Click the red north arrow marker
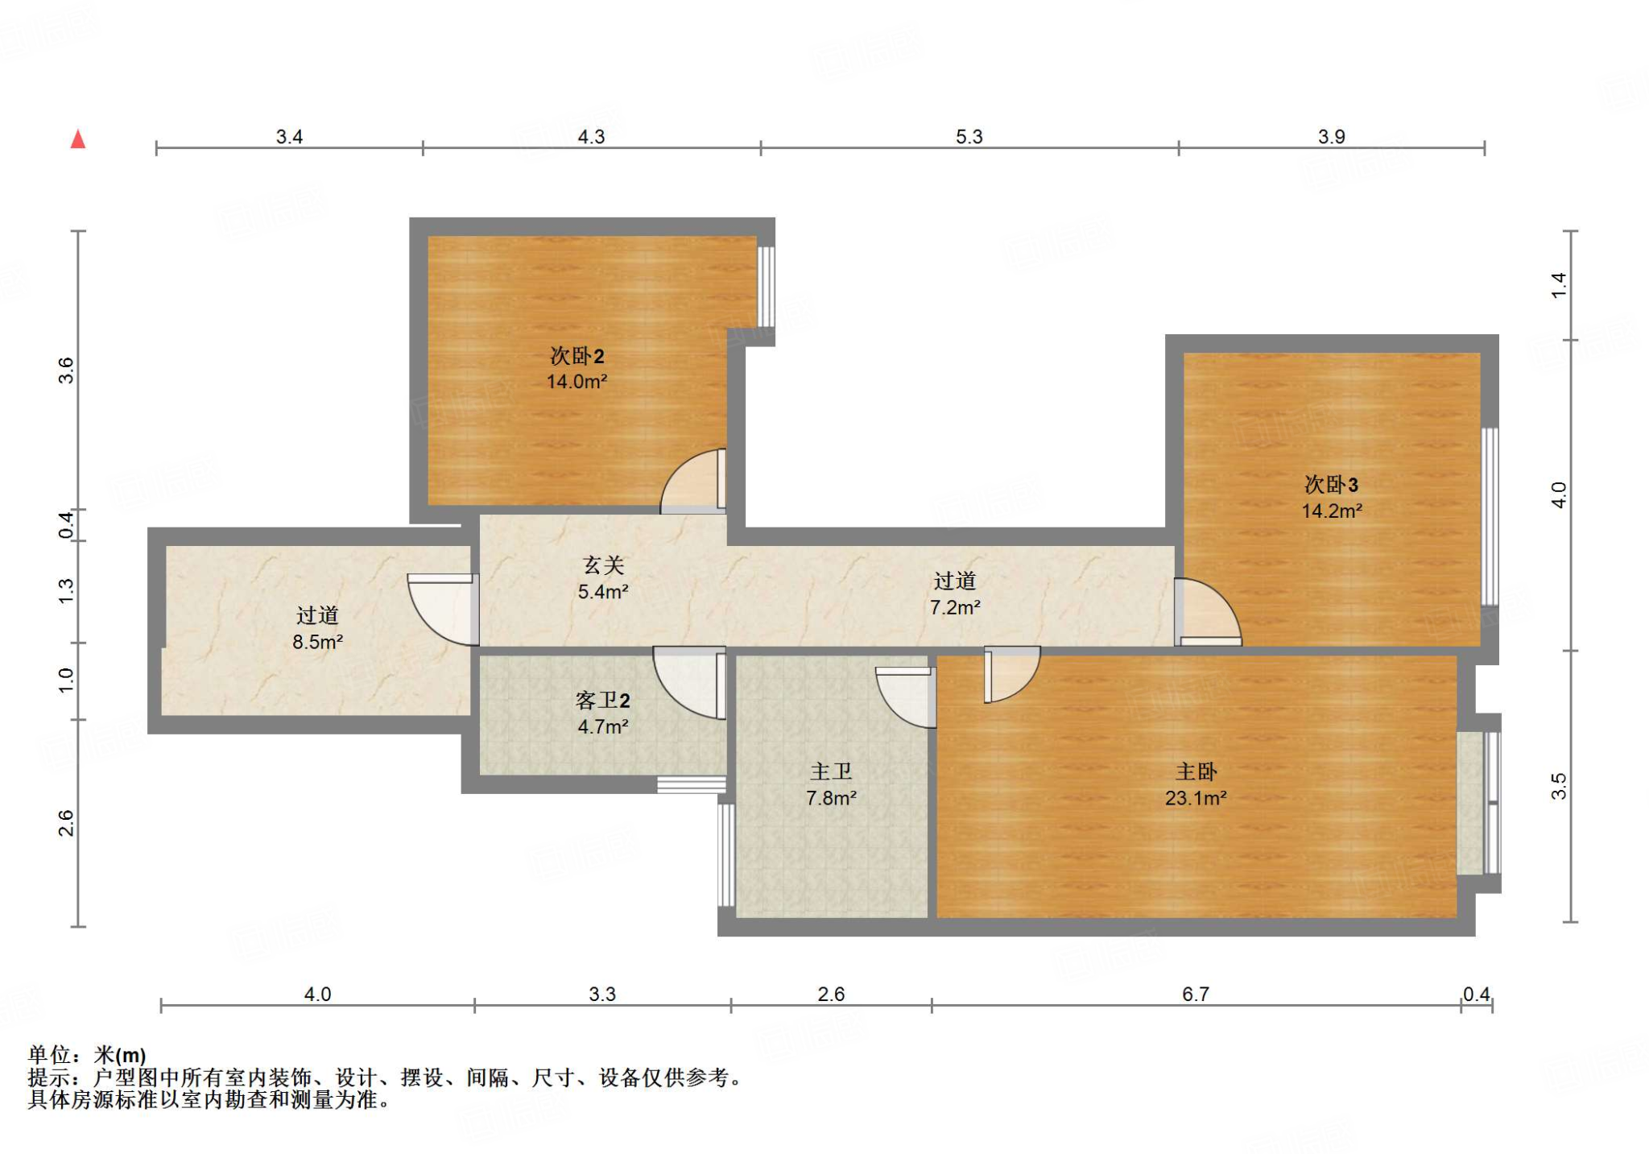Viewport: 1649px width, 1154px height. point(78,139)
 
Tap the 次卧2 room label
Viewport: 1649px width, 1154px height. point(577,356)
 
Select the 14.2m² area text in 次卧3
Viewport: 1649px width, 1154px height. point(1332,511)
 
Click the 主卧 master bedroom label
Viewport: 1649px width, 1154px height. point(1196,772)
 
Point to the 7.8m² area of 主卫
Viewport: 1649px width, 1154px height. point(831,798)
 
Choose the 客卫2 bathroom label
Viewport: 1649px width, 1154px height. point(602,701)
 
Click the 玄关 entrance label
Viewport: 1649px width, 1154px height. point(603,566)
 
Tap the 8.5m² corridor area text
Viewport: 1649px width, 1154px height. point(317,642)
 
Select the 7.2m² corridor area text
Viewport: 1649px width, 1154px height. point(955,607)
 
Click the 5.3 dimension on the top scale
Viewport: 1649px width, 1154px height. point(969,137)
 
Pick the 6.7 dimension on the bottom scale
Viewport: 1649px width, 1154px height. point(1196,995)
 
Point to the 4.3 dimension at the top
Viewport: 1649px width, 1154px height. point(591,137)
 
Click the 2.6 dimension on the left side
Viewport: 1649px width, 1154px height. point(66,823)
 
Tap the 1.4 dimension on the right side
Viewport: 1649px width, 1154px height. point(1559,285)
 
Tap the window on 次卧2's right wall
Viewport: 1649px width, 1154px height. point(767,286)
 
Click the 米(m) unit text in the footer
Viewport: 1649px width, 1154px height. point(120,1054)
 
